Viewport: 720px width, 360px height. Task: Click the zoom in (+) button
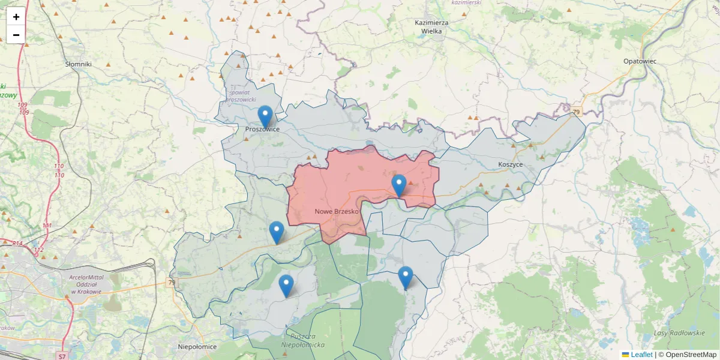tap(16, 17)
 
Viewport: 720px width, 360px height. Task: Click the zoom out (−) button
tap(16, 35)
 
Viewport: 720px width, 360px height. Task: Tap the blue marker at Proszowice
tap(265, 117)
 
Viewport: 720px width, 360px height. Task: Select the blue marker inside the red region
tap(398, 185)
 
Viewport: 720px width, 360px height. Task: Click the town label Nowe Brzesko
tap(336, 212)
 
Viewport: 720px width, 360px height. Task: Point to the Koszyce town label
tap(511, 164)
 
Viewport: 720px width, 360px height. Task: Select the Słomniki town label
tap(79, 64)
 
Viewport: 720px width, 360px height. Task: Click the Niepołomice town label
tap(197, 346)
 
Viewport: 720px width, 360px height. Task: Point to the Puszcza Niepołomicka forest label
tap(302, 340)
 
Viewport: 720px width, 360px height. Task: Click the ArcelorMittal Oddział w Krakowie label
tap(85, 284)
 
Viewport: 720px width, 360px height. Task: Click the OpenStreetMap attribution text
tap(688, 355)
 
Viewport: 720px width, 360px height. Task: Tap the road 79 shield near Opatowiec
tap(576, 112)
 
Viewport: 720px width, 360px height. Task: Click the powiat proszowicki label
tap(243, 95)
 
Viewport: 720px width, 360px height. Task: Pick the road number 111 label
tap(47, 226)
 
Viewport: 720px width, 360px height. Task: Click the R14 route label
tap(17, 244)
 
